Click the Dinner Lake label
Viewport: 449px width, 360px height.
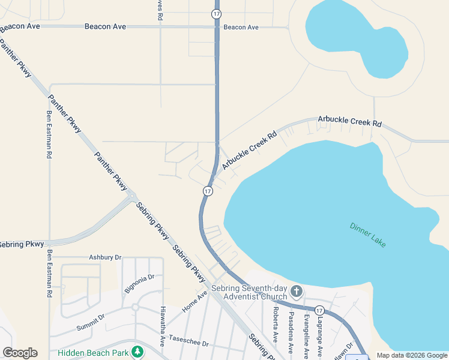coord(367,235)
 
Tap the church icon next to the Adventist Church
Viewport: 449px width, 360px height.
coord(296,292)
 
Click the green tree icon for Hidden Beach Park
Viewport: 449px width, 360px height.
coord(138,351)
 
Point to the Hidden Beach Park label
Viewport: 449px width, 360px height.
coord(93,352)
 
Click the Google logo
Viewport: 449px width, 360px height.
coord(20,353)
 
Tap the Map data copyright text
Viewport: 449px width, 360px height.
coord(411,355)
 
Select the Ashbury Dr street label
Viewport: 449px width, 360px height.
coord(105,257)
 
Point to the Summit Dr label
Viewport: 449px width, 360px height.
coord(91,322)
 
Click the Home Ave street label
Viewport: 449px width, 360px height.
coord(194,301)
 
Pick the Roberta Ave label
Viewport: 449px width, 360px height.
coord(275,325)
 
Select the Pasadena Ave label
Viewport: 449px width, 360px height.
coord(291,332)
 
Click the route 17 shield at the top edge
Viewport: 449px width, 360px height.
coord(217,13)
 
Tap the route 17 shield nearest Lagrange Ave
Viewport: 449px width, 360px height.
coord(319,311)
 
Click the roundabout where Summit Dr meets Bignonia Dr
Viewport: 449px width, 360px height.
coord(136,307)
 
